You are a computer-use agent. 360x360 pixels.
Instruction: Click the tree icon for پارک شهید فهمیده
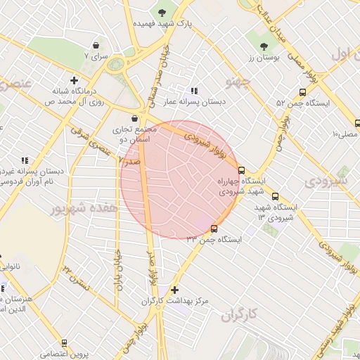point(163,12)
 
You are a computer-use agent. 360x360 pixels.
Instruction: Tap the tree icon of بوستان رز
point(264,47)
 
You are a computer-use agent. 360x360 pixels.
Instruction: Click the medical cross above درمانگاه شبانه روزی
point(73,79)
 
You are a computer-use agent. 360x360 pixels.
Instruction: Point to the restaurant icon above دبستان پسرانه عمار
point(195,91)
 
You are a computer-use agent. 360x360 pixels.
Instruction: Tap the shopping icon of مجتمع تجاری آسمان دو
point(134,118)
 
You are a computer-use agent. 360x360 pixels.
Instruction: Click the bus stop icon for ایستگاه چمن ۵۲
point(302,92)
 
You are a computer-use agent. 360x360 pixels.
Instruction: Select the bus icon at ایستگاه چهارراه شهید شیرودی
point(241,170)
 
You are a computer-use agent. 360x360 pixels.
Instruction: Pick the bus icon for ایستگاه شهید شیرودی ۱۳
point(275,196)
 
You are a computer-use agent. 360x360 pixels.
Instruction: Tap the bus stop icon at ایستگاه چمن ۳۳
point(214,228)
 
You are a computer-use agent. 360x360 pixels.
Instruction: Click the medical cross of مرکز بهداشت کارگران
point(174,290)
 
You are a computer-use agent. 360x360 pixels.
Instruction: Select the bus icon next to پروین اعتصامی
point(65,343)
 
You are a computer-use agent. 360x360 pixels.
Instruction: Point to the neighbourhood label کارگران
point(240,314)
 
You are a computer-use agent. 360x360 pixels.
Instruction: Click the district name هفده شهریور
point(80,209)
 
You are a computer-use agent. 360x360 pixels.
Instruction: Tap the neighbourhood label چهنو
point(238,84)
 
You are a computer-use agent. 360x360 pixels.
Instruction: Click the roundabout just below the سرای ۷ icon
point(115,65)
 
